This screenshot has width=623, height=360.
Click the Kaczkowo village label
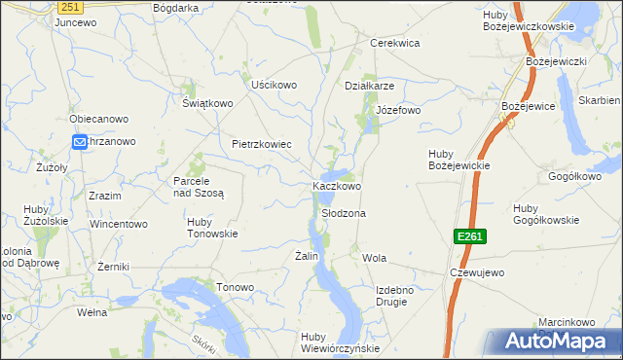(x=337, y=185)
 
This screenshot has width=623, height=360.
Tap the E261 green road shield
(x=468, y=236)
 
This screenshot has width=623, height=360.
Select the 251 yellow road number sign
(x=68, y=7)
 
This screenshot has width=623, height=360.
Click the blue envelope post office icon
(x=79, y=142)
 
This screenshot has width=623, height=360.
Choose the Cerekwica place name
(x=394, y=43)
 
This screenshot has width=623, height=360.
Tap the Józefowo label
(x=398, y=110)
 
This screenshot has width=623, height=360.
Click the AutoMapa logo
(x=554, y=342)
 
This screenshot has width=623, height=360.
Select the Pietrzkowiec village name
(x=262, y=144)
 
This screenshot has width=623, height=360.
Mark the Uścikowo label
(x=274, y=85)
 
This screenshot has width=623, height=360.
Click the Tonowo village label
(x=235, y=287)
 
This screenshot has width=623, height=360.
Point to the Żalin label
(x=308, y=256)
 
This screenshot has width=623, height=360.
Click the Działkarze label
(x=369, y=85)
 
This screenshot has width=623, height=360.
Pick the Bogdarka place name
(x=176, y=7)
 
